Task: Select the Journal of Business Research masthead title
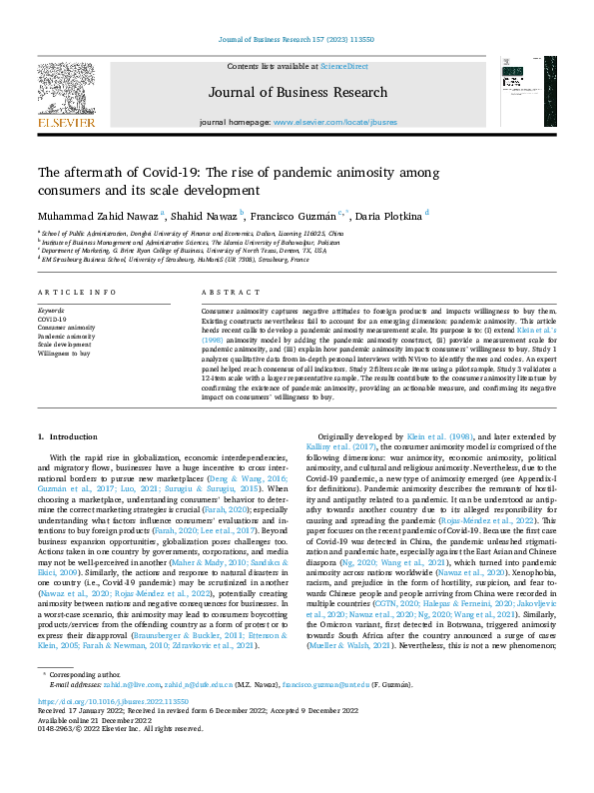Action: [x=297, y=93]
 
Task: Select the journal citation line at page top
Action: [x=297, y=41]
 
